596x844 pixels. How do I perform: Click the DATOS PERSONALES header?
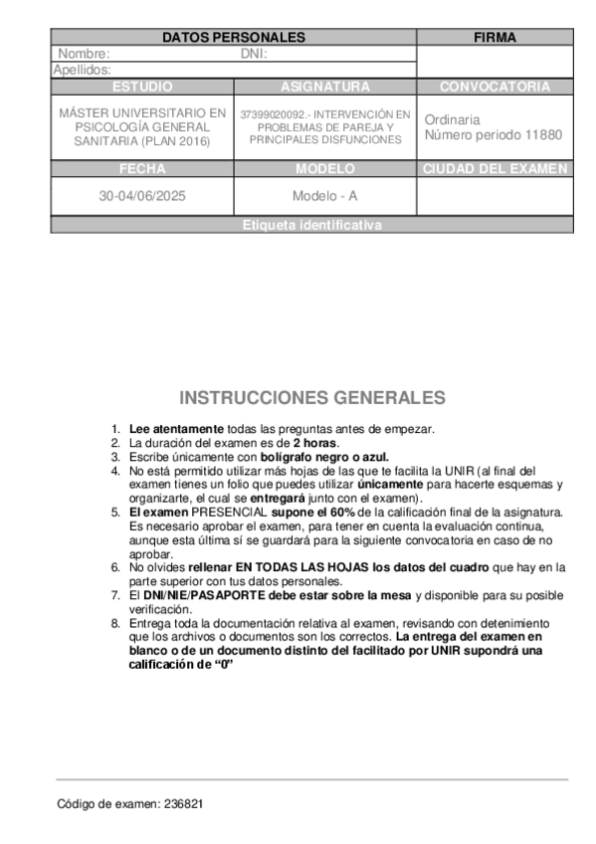tap(234, 38)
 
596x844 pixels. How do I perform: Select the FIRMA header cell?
tap(495, 38)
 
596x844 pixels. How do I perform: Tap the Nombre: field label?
tap(85, 54)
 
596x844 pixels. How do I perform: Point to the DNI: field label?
tap(255, 54)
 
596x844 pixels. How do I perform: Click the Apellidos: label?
tap(82, 70)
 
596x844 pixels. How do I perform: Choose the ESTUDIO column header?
tap(142, 87)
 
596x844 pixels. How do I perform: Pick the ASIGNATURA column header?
tap(324, 87)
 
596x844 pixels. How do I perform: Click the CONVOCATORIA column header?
tap(495, 87)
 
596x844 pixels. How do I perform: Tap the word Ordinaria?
tap(452, 119)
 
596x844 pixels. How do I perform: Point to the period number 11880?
tap(543, 134)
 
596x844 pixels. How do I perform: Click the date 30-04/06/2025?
tap(142, 196)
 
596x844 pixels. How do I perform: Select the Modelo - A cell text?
tap(324, 196)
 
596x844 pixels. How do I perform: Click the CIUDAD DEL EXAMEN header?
tap(495, 169)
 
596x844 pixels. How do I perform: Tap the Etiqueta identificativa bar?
tap(311, 226)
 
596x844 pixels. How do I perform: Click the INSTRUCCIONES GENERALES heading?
tap(312, 398)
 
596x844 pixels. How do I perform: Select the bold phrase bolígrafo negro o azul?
tap(325, 456)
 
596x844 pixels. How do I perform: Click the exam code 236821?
tap(185, 803)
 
